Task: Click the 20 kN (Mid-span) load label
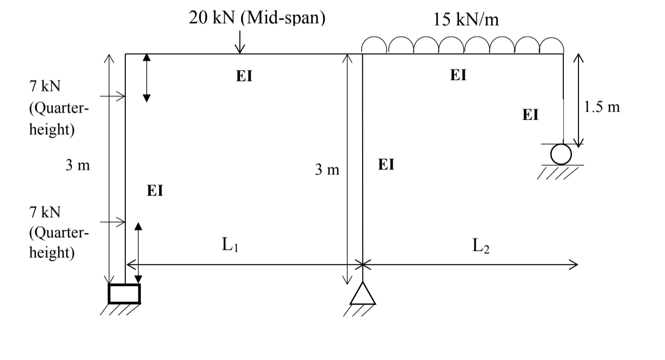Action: tap(257, 18)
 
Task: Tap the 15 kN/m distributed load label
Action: tap(466, 20)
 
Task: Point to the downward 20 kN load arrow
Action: tap(240, 41)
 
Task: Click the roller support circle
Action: tap(560, 154)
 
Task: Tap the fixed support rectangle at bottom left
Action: tap(124, 293)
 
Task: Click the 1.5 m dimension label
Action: tap(603, 107)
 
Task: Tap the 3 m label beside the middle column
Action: tap(327, 170)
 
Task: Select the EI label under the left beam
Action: tap(244, 76)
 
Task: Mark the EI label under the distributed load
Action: tap(458, 75)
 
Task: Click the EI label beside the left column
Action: tap(155, 191)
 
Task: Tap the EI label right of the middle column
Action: tap(386, 164)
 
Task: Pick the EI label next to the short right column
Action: tap(530, 115)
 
